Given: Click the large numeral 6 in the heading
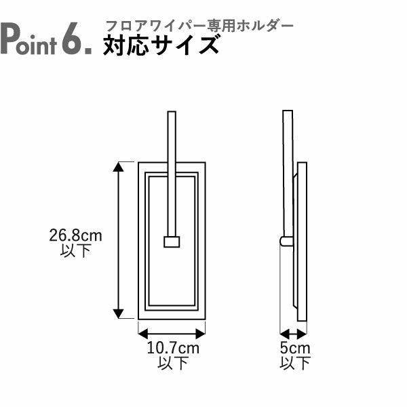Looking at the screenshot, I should tap(73, 39).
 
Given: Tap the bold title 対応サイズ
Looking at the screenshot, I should tap(161, 45).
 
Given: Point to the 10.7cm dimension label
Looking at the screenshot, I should tap(172, 349).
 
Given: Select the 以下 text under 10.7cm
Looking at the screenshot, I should tap(172, 364).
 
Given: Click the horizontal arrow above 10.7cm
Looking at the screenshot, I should tap(172, 333).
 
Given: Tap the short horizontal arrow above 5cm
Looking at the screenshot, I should tap(294, 333).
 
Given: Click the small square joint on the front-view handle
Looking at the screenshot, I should tap(171, 241).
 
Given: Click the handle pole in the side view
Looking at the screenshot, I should tap(288, 170).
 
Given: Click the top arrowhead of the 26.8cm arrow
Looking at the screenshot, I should tap(119, 167).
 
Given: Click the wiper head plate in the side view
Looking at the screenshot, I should tap(302, 241).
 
